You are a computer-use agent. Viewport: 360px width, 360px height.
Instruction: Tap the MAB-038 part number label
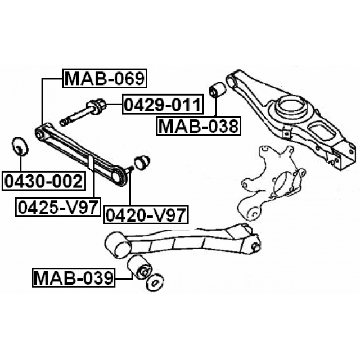[x=199, y=127]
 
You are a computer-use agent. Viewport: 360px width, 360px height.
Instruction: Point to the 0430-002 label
[x=43, y=181]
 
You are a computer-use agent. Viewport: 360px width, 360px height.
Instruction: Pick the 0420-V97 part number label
[x=146, y=214]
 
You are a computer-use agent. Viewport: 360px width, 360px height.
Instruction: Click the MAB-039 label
[x=74, y=277]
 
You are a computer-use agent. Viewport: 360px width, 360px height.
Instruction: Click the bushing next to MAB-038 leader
[x=217, y=91]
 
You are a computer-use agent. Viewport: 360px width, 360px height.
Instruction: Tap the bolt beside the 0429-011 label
[x=84, y=112]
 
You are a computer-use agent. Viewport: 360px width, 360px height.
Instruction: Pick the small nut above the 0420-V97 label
[x=142, y=161]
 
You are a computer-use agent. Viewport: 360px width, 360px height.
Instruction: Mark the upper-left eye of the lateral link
[x=40, y=133]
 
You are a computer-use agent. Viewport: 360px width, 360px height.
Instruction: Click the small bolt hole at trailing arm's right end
[x=254, y=246]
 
